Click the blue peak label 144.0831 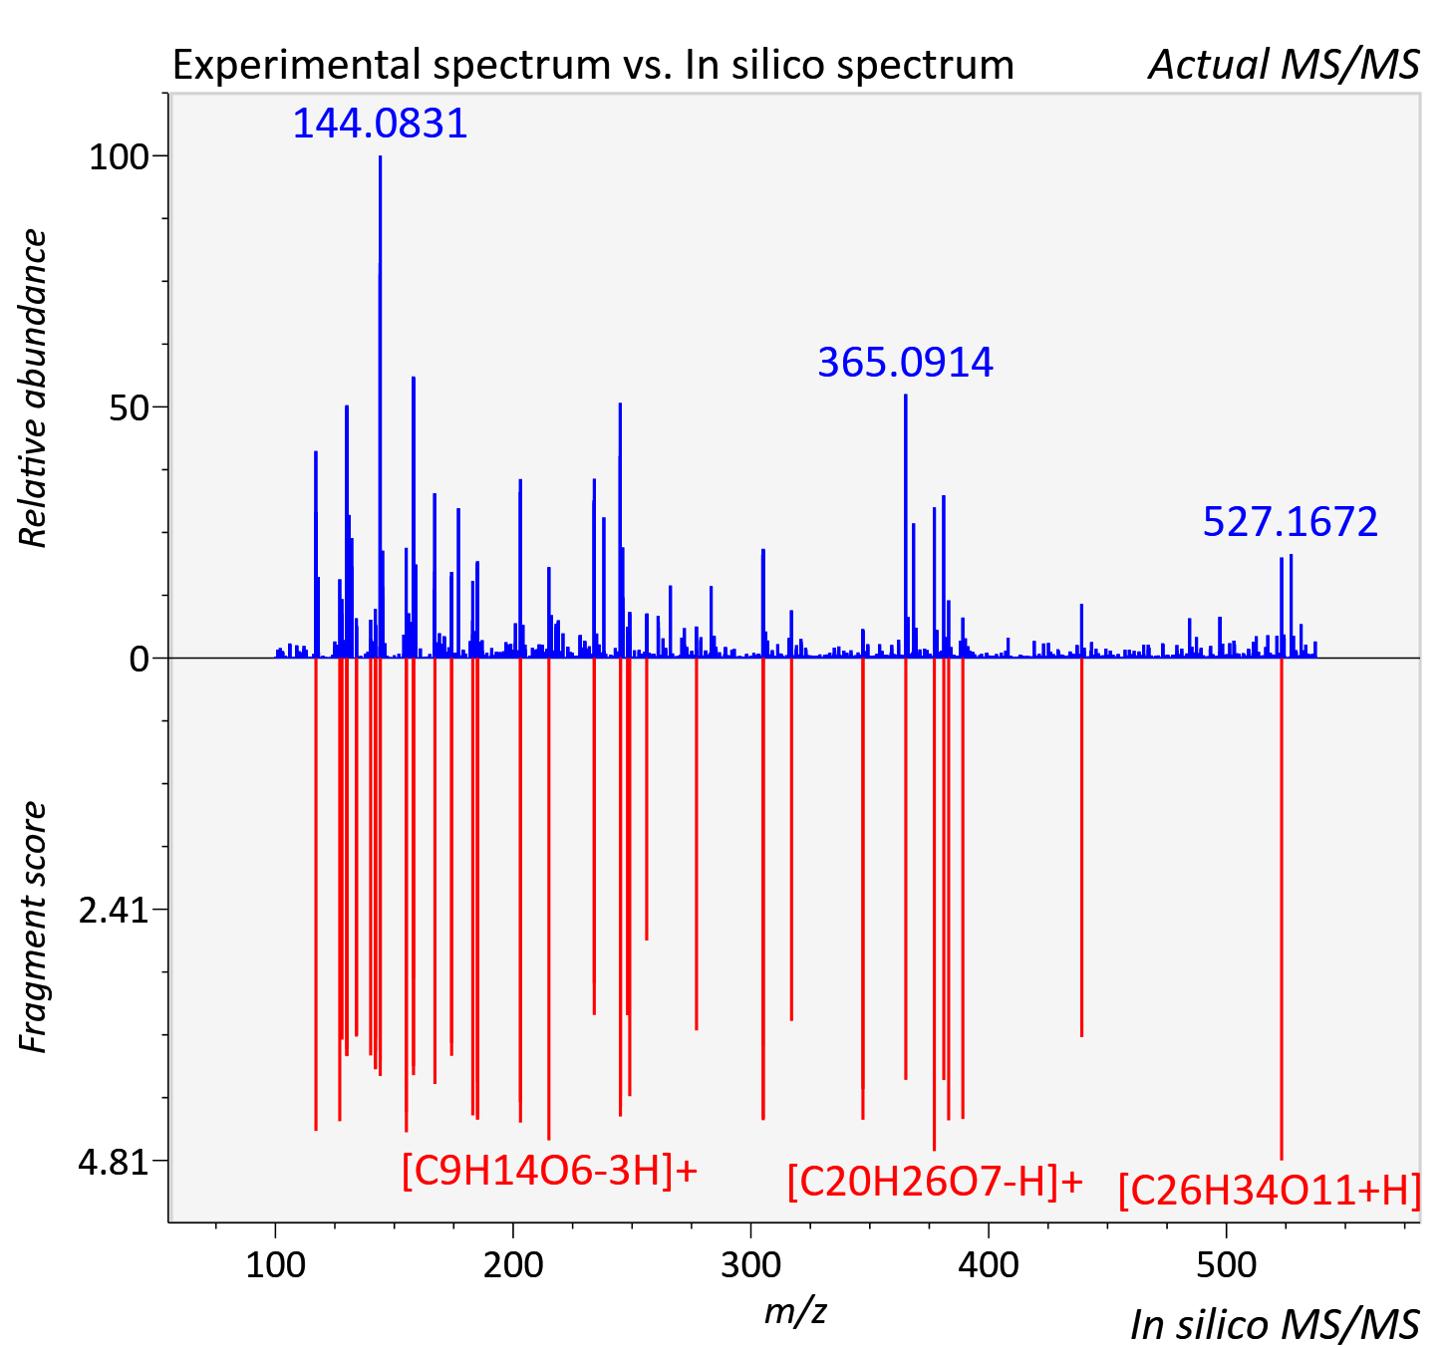[x=380, y=123]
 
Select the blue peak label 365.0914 [x=905, y=362]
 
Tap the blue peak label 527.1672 [x=1291, y=521]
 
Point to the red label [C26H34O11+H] [x=1270, y=1191]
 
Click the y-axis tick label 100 [x=118, y=156]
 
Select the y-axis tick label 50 [x=129, y=407]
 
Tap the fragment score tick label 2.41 [x=114, y=911]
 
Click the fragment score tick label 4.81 [x=114, y=1162]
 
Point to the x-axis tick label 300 [x=750, y=1264]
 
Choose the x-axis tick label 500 [x=1226, y=1264]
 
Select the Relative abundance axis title [x=33, y=388]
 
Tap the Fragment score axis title [x=33, y=927]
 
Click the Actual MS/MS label [x=1285, y=65]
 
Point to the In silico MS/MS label [x=1275, y=1324]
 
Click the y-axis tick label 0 [x=139, y=660]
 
